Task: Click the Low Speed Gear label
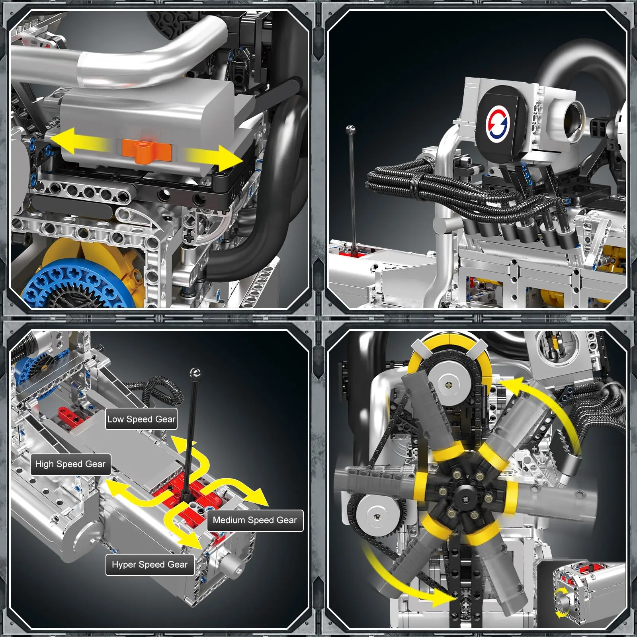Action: pyautogui.click(x=141, y=419)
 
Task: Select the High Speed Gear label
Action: pyautogui.click(x=70, y=464)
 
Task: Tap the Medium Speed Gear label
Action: pyautogui.click(x=255, y=520)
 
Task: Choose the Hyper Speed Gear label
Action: pyautogui.click(x=150, y=565)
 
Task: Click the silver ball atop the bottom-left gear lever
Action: pyautogui.click(x=195, y=373)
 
